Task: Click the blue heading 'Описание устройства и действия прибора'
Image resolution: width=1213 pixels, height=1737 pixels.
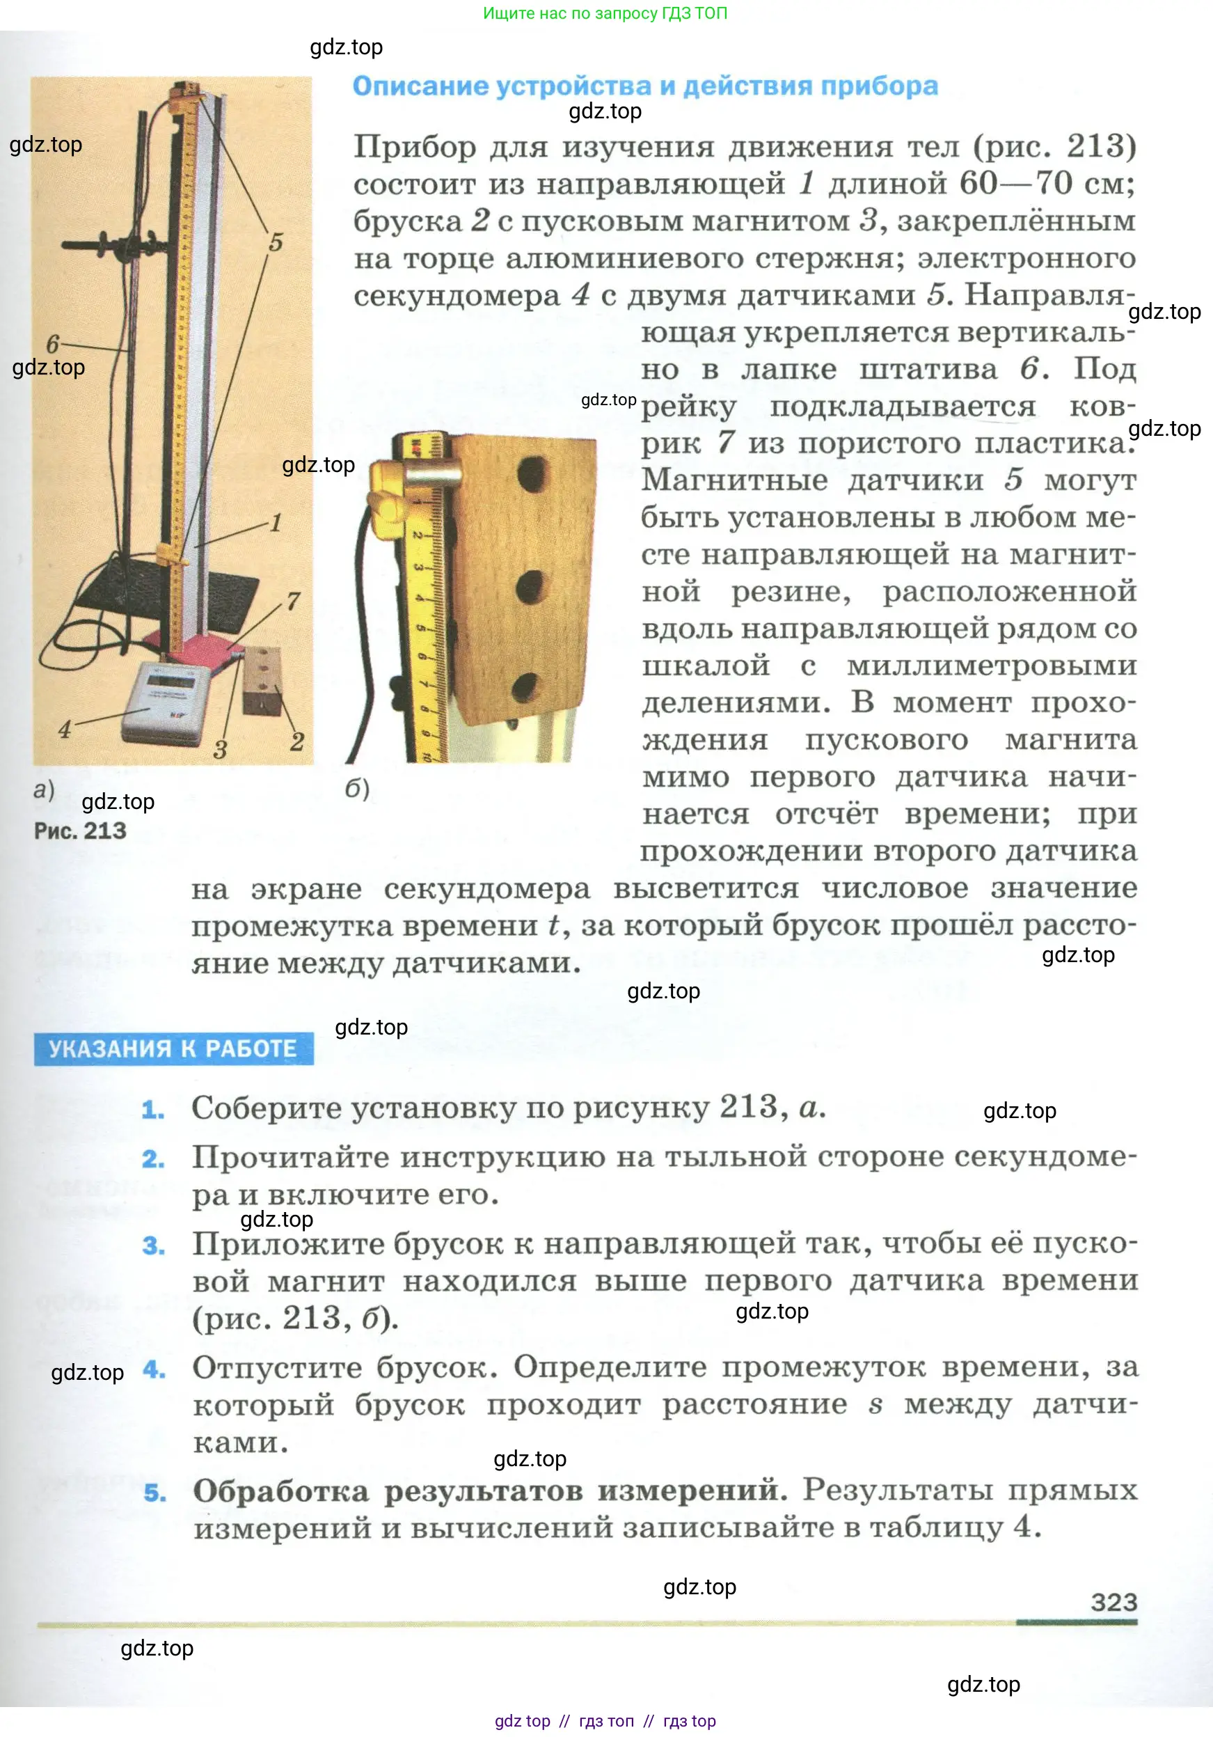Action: pos(644,86)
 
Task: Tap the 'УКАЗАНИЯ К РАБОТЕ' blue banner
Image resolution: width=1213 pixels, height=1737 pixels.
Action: pos(173,1048)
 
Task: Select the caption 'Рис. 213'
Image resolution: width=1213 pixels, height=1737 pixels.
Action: pos(80,831)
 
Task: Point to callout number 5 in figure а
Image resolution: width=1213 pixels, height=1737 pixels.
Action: pos(276,242)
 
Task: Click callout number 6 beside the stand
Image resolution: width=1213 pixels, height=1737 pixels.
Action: pos(52,344)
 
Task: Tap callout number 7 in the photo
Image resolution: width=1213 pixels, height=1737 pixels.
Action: pos(293,602)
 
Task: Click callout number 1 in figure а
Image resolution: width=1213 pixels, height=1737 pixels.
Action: pos(276,523)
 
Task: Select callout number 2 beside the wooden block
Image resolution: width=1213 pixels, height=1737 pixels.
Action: pos(297,741)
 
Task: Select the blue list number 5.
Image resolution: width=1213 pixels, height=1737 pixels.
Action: pos(154,1493)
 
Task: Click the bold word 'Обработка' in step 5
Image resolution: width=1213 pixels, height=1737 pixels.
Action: pos(280,1491)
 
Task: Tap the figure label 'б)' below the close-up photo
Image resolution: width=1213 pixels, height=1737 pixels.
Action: pos(357,789)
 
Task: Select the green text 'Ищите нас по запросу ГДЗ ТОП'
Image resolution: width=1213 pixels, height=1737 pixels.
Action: pos(605,13)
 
